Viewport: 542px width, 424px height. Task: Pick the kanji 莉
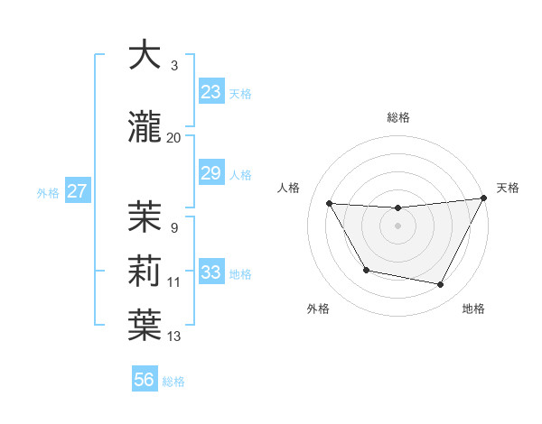[x=145, y=272]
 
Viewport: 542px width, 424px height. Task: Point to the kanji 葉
[x=145, y=326]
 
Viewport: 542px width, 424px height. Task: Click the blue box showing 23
[x=211, y=92]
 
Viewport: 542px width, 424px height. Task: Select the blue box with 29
[x=211, y=174]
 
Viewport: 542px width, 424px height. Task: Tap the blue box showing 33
[x=211, y=272]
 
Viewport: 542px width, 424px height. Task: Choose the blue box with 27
[x=77, y=190]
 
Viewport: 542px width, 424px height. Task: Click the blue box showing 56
[x=145, y=380]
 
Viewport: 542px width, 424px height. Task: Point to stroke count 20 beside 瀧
[x=174, y=138]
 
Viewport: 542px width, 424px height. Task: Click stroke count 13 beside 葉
[x=174, y=336]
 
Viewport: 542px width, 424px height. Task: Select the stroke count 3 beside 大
[x=174, y=65]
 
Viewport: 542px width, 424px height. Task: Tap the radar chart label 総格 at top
[x=398, y=117]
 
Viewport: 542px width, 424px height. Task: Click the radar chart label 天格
[x=508, y=188]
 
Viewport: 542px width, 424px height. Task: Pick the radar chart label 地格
[x=473, y=309]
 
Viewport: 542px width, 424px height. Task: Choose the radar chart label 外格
[x=318, y=309]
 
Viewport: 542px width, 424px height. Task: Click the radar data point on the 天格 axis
[x=484, y=198]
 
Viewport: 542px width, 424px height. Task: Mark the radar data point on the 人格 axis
[x=330, y=204]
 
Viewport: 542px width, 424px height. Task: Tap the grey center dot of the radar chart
[x=398, y=226]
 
